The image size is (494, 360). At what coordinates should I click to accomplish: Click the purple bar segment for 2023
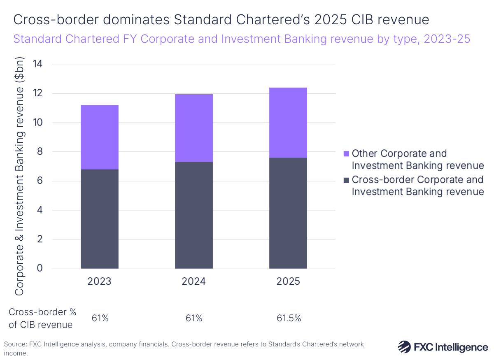tap(99, 137)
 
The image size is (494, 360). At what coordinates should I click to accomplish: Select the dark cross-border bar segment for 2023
tap(99, 219)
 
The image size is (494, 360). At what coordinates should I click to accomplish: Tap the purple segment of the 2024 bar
tap(193, 128)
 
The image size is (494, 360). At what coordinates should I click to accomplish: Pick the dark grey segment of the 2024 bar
tap(193, 215)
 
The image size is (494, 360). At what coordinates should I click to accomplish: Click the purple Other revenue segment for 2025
tap(288, 123)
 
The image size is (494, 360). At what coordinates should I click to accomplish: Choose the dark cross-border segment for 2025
tap(288, 213)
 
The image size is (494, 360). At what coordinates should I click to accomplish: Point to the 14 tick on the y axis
tap(40, 64)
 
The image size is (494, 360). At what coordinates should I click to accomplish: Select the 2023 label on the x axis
tap(99, 282)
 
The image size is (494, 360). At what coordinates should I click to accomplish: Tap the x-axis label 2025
tap(288, 282)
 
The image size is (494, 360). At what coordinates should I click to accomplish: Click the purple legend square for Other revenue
tap(346, 154)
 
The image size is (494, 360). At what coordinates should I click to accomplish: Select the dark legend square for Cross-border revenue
tap(346, 180)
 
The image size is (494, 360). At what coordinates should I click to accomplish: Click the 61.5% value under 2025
tap(288, 318)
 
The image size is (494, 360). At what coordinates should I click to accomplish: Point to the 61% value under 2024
tap(193, 318)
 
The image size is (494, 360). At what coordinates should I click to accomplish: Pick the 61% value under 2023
tap(99, 318)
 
